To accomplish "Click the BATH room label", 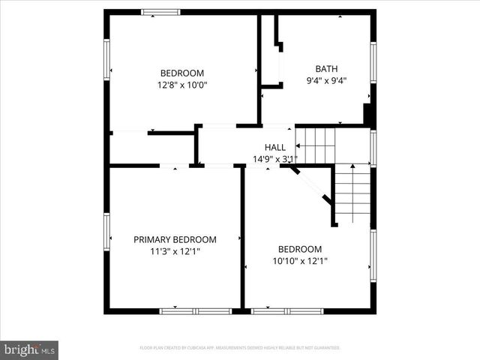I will pos(325,68).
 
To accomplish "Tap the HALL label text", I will pos(274,147).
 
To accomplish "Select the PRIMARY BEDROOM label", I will pos(175,239).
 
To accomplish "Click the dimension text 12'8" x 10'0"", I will pos(182,85).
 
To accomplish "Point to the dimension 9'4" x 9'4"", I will pos(325,80).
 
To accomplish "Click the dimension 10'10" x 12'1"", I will pos(299,261).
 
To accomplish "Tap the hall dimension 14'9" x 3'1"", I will pos(275,159).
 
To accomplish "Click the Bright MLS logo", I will pos(29,349).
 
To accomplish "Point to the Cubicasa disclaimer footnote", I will pos(240,348).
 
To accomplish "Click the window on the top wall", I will pos(160,12).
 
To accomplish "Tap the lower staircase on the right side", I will pos(352,193).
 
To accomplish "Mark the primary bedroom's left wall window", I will pos(107,232).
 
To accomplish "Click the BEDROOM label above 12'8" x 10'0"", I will pos(182,73).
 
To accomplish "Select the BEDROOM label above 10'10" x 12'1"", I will pos(299,249).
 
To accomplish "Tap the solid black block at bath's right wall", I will pos(368,114).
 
